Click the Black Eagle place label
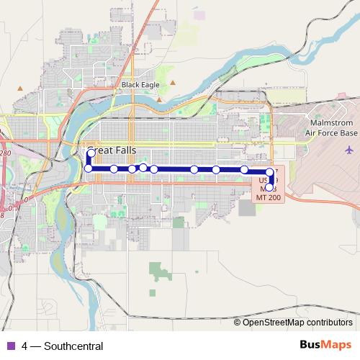[x=140, y=84]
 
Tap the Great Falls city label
[x=112, y=151]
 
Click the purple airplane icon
[x=350, y=150]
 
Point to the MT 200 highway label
[x=271, y=196]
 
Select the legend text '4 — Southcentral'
[x=63, y=346]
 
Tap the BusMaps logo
[x=325, y=345]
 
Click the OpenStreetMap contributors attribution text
[x=297, y=323]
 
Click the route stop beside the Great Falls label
[x=91, y=153]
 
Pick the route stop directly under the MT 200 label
[x=269, y=187]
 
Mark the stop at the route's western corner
[x=89, y=168]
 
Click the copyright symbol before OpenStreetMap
[x=238, y=323]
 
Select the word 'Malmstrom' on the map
[x=331, y=124]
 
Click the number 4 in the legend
[x=25, y=346]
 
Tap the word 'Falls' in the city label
[x=124, y=151]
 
